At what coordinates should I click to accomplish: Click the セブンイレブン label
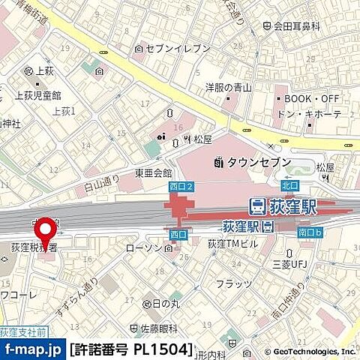tap(166, 49)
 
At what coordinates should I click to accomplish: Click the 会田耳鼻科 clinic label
tap(297, 26)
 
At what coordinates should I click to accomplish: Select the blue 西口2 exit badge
tap(181, 185)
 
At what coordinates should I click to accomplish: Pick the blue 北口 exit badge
tap(289, 184)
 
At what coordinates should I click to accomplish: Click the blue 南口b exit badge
tap(310, 233)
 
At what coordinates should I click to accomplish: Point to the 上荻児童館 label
tap(37, 95)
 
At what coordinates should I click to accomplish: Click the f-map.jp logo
tap(32, 349)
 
